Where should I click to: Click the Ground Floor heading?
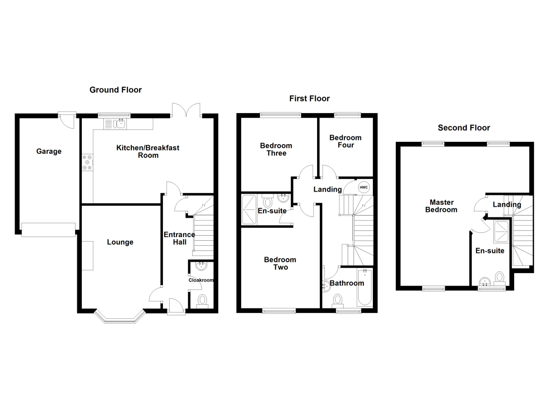point(115,90)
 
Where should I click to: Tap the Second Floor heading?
point(463,128)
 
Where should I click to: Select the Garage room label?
point(49,151)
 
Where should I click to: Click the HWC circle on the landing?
point(363,187)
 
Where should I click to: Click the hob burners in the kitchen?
point(87,162)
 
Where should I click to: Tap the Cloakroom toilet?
point(202,300)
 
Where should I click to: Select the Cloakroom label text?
point(201,280)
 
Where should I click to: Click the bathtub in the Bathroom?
point(365,288)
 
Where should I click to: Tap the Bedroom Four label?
point(345,141)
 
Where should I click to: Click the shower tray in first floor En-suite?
point(249,210)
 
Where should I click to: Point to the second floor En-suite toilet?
point(500,277)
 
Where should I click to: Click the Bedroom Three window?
point(281,115)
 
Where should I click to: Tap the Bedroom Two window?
point(279,311)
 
